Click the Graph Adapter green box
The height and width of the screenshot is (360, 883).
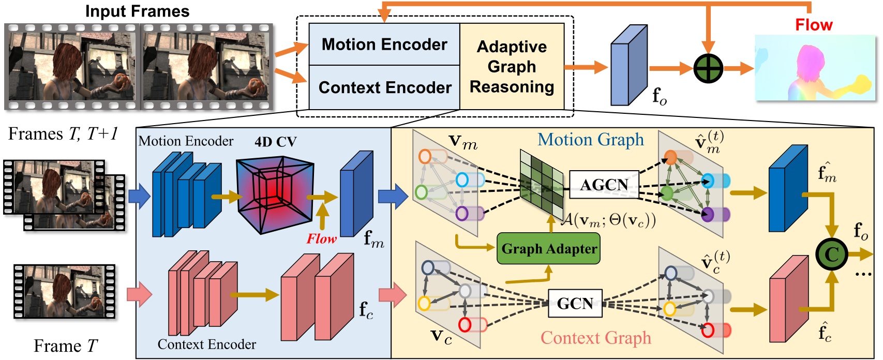coord(548,249)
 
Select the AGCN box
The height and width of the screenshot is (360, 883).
coord(604,185)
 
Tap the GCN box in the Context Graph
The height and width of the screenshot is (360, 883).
coord(575,303)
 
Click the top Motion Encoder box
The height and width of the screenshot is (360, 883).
coord(384,44)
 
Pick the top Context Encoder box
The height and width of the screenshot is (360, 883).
coord(384,87)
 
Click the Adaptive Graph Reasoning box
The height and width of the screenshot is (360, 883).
coord(512,67)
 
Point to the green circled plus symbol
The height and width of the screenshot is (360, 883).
coord(708,68)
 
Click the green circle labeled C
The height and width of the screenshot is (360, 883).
coord(831,254)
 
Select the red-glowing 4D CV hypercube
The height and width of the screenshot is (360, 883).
coord(275,195)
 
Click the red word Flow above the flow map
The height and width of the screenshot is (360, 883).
coord(813,25)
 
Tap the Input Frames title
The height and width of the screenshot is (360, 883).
coord(137,11)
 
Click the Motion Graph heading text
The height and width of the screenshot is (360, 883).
coord(591,140)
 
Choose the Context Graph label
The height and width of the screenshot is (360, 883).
coord(595,338)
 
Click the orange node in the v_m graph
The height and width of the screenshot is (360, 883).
coord(425,156)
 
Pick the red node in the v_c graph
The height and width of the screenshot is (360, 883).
coord(465,325)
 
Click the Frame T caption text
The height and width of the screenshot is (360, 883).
coord(65,346)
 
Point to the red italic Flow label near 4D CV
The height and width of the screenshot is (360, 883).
coord(321,238)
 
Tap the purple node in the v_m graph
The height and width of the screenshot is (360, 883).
coord(461,213)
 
